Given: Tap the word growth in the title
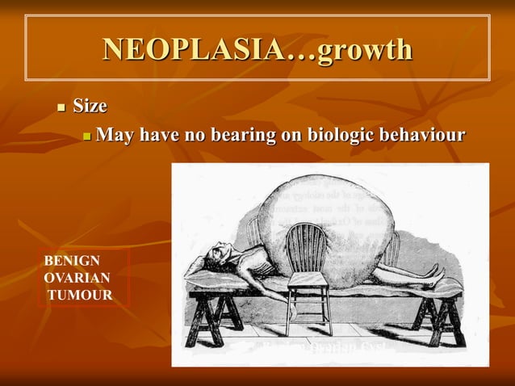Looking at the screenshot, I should [364, 49].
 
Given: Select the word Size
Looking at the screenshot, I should [90, 106].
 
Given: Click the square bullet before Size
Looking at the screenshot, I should [60, 107].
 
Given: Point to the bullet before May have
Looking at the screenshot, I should [87, 135].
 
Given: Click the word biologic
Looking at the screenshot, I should [337, 134].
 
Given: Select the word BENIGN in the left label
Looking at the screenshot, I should [72, 261].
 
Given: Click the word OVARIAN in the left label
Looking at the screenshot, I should [77, 278].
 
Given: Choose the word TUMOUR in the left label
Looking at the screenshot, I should [80, 295].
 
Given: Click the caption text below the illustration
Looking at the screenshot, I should [322, 348].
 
